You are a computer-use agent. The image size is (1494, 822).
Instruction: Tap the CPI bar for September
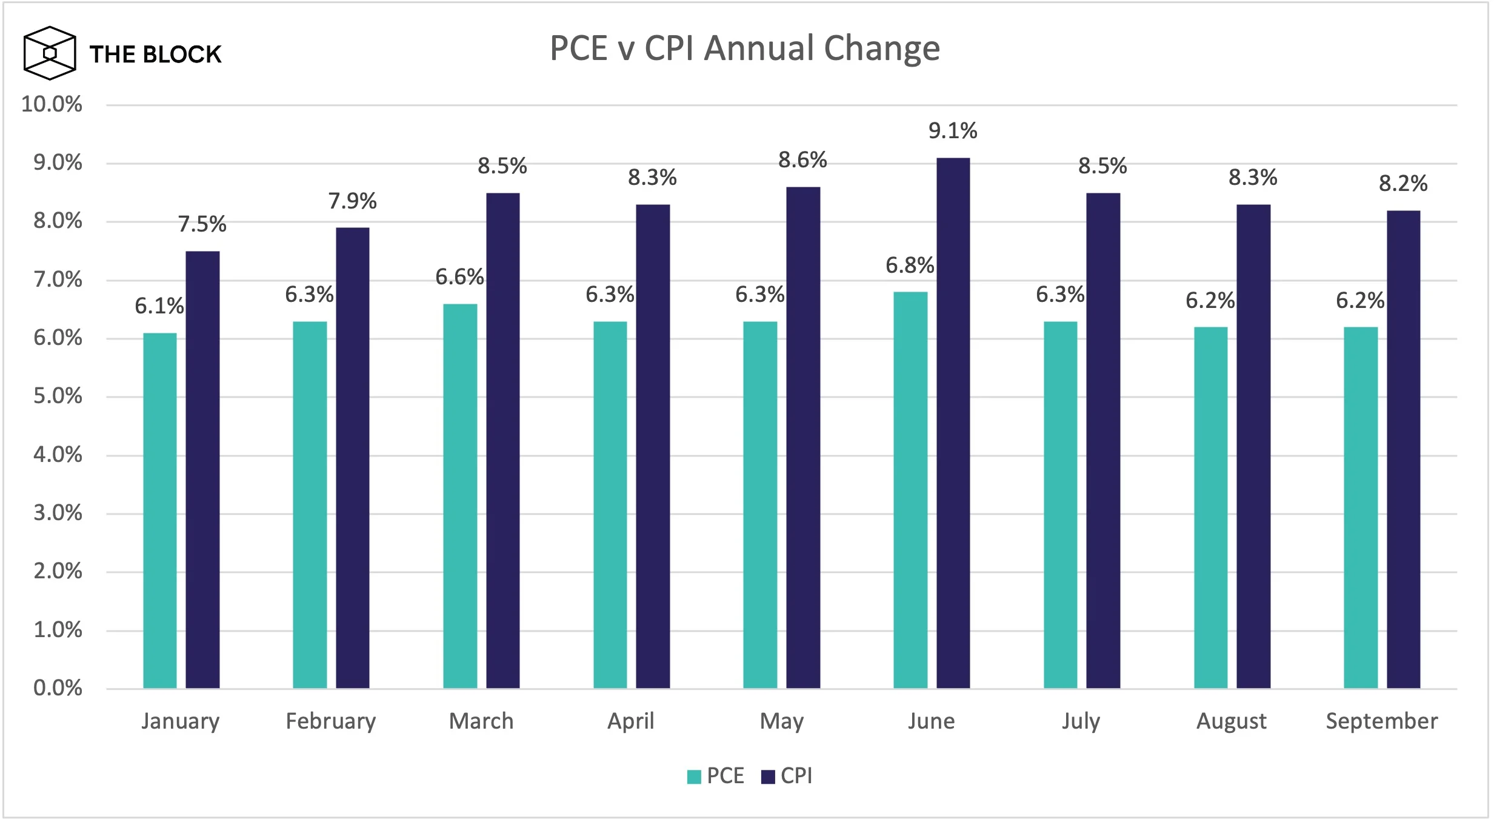[1403, 449]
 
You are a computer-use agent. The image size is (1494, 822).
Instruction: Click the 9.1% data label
[953, 131]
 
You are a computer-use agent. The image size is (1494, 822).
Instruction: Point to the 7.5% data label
[202, 224]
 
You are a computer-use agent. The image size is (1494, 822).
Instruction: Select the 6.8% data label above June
[910, 266]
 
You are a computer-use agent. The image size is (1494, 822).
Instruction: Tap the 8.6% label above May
[802, 160]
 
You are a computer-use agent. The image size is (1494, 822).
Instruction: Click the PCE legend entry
[716, 776]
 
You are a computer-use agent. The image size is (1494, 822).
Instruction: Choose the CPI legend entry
[787, 776]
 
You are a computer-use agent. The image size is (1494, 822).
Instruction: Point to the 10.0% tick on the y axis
[52, 104]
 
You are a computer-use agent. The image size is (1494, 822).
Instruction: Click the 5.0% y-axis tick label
[58, 396]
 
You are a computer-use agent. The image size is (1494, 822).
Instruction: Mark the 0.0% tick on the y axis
[58, 688]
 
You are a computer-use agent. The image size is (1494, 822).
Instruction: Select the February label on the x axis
[331, 721]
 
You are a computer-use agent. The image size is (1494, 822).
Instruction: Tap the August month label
[1232, 721]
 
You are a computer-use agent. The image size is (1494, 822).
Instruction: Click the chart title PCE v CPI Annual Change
[745, 48]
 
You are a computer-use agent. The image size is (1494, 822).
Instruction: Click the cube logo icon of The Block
[50, 53]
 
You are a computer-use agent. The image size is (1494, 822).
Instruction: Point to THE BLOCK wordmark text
[156, 55]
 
